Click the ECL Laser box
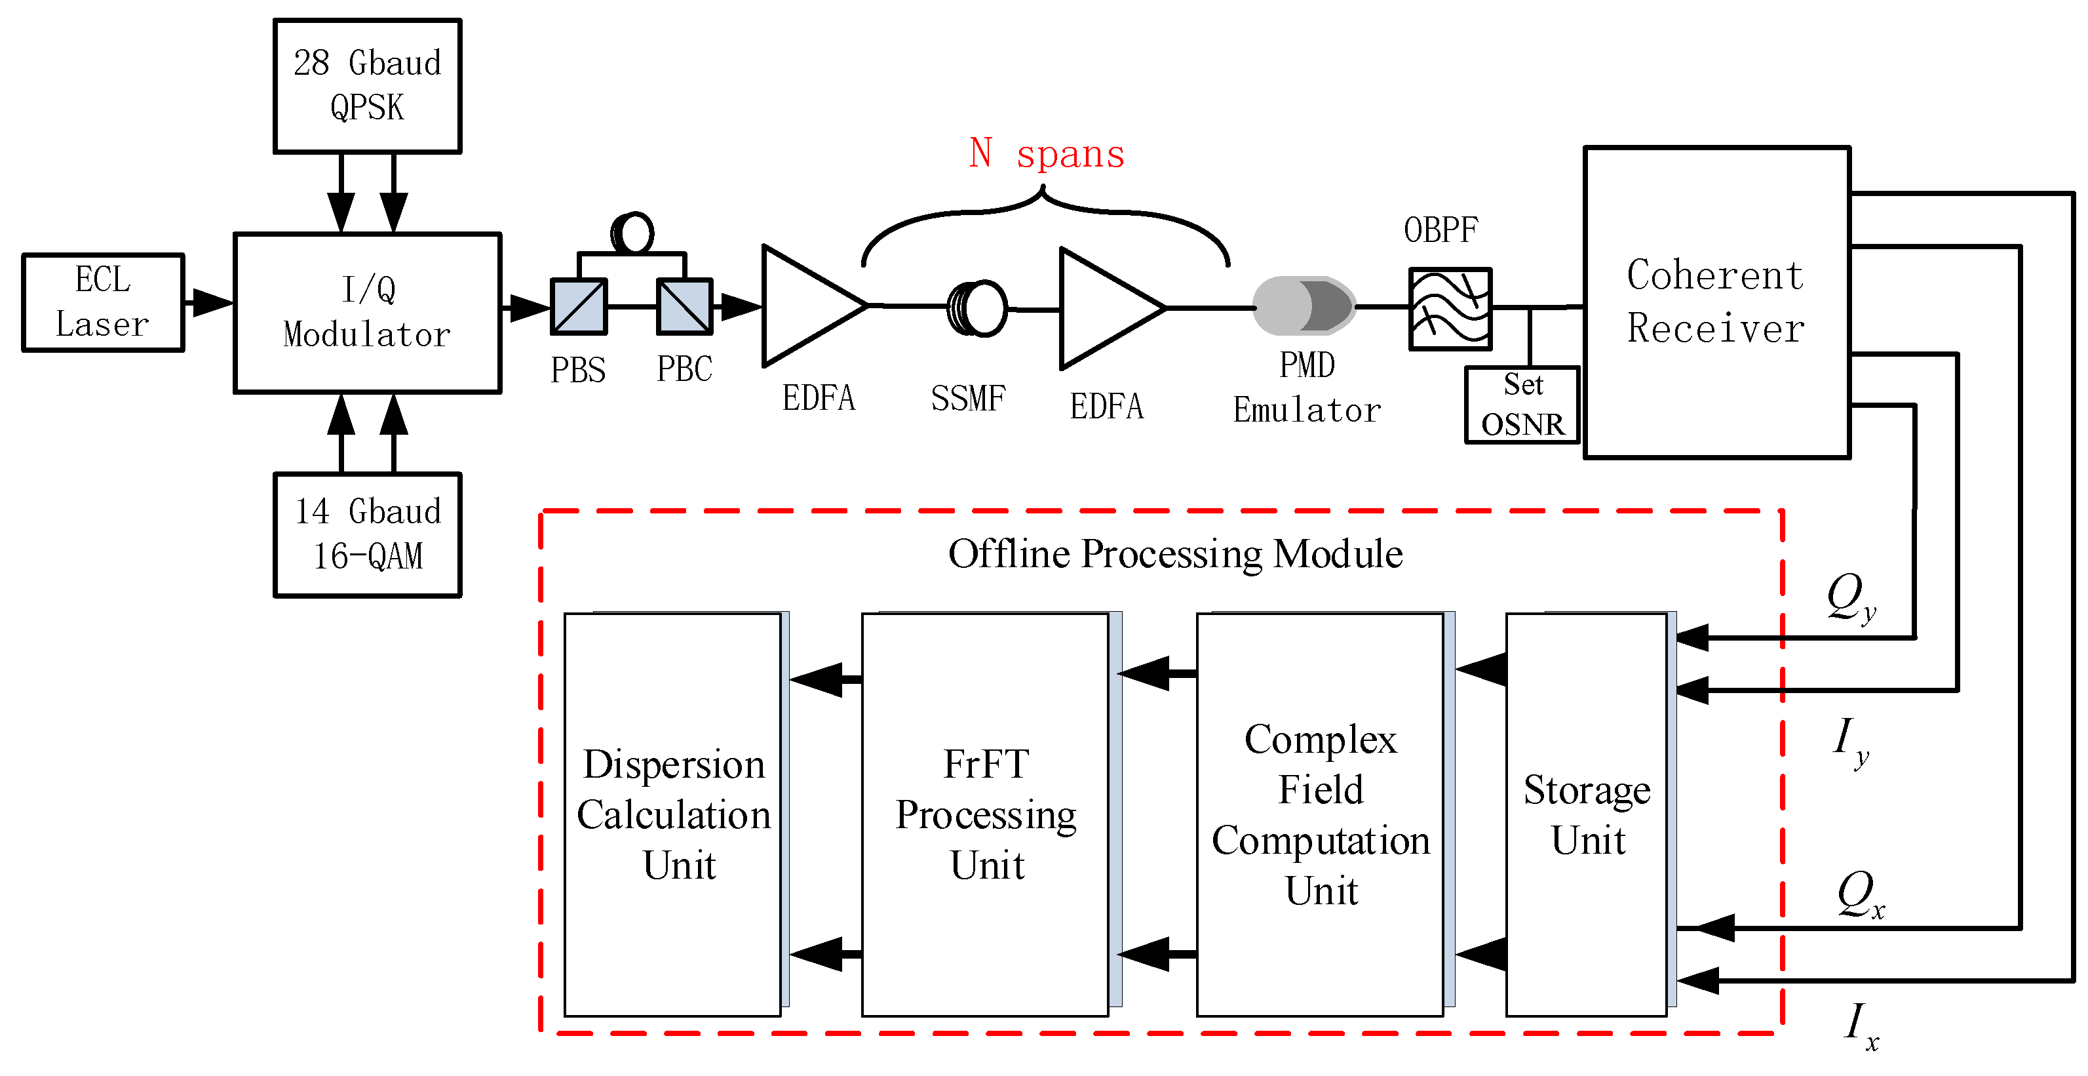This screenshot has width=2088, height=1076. click(103, 302)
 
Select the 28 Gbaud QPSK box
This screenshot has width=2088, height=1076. click(367, 86)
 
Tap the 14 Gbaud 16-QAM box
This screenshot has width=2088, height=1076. click(367, 534)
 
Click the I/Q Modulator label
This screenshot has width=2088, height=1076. click(367, 312)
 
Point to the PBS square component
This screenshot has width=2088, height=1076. click(579, 306)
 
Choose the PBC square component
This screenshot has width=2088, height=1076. click(684, 306)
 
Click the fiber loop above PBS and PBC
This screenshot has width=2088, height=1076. click(632, 233)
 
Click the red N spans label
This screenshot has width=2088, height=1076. click(1047, 153)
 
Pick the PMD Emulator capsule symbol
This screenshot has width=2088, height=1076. click(1304, 305)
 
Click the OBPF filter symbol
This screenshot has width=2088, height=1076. click(1450, 309)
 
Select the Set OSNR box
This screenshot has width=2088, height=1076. click(1522, 405)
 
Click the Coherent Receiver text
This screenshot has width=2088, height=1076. click(1715, 302)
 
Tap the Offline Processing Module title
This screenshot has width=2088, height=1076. click(1175, 555)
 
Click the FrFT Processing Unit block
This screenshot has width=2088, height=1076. click(985, 814)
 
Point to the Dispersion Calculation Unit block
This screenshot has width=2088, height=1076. click(673, 814)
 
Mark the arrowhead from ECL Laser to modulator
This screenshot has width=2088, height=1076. click(212, 302)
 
